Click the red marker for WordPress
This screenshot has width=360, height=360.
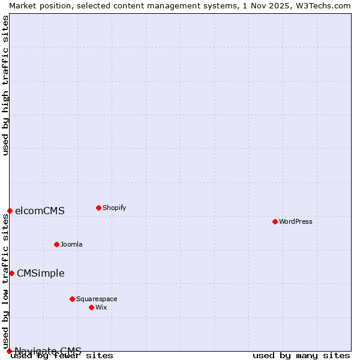pos(275,221)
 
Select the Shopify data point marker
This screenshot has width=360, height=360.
pos(98,208)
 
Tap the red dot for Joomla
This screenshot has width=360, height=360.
pos(56,244)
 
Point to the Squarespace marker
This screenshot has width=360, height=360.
pos(72,299)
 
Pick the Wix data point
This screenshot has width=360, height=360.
pos(91,307)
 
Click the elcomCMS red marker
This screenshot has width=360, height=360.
pos(10,211)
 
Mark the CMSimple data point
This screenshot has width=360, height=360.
pos(11,273)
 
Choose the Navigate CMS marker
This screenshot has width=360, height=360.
pos(9,351)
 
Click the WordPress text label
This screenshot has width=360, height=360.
pos(296,221)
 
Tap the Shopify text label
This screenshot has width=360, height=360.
pos(115,208)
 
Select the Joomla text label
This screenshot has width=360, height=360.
pos(71,244)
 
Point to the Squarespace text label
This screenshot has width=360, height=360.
pos(97,299)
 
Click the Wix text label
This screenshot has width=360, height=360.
pos(101,307)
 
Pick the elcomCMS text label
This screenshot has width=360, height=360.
pos(40,211)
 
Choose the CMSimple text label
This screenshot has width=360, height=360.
pos(40,273)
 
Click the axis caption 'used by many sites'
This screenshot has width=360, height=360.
pos(301,355)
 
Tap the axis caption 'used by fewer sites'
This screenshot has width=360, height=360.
pos(62,355)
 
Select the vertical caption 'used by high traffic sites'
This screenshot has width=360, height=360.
pos(5,85)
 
